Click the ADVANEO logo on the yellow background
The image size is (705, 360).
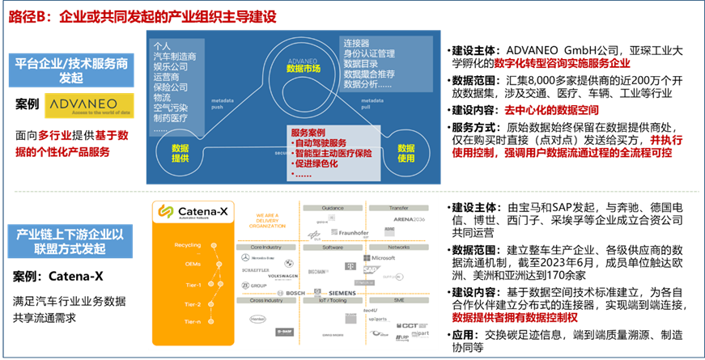(90, 104)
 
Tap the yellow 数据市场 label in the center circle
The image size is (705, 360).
(304, 70)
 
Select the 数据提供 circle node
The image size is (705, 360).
(180, 153)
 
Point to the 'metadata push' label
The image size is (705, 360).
(223, 103)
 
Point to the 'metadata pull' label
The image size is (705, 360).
(372, 103)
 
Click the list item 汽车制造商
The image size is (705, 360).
(174, 57)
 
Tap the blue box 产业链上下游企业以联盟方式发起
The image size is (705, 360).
(72, 241)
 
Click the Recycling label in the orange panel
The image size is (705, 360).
(187, 245)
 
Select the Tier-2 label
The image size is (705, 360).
(192, 304)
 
